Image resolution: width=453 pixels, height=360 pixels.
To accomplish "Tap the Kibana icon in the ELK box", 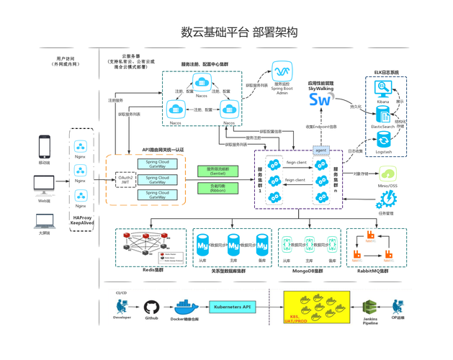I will pyautogui.click(x=383, y=89).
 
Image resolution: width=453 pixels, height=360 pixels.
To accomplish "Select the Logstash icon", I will pyautogui.click(x=384, y=140).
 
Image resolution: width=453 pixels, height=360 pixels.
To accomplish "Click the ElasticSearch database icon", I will pyautogui.click(x=383, y=114).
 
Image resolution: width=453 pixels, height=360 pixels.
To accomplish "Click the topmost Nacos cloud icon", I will pyautogui.click(x=202, y=84).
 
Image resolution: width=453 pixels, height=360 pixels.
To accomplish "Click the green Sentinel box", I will pyautogui.click(x=217, y=171).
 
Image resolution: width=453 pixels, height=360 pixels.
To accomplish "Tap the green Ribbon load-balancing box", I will pyautogui.click(x=217, y=189).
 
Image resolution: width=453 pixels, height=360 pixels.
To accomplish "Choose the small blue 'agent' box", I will pyautogui.click(x=320, y=150).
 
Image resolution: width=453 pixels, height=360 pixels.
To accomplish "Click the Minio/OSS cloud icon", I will pyautogui.click(x=388, y=174).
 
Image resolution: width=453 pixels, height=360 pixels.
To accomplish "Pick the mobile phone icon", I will pyautogui.click(x=44, y=146).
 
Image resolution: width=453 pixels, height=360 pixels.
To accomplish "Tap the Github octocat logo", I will pyautogui.click(x=151, y=307).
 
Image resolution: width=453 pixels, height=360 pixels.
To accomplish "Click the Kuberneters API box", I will pyautogui.click(x=233, y=307).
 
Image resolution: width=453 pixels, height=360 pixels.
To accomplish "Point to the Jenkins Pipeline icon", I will pyautogui.click(x=369, y=309).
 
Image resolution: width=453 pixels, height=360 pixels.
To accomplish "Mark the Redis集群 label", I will pyautogui.click(x=153, y=271).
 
